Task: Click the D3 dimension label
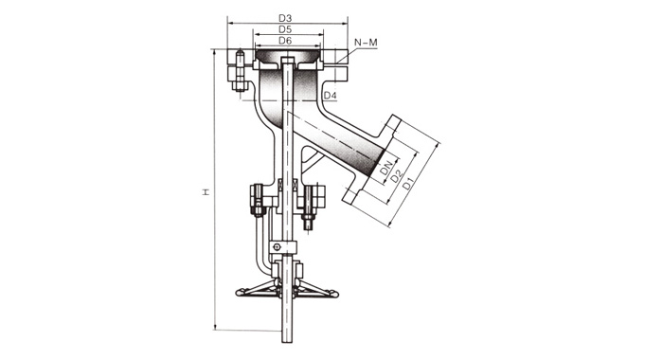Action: point(285,18)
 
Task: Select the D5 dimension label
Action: point(285,29)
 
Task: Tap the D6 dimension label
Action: point(285,41)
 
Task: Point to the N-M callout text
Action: point(366,43)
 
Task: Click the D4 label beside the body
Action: point(331,96)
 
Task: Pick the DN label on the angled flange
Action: point(386,167)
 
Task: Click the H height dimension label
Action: point(206,192)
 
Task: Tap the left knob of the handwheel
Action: point(240,292)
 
